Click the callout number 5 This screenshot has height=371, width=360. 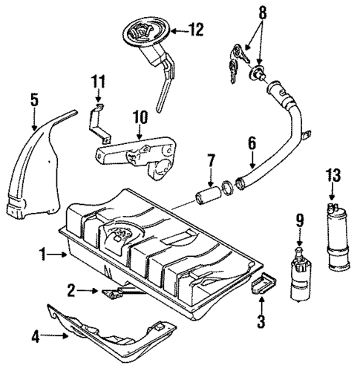(33, 98)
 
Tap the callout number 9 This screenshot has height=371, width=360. (299, 220)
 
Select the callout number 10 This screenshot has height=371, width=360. (140, 116)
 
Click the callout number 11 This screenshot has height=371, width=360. (100, 81)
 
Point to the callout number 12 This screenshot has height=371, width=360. (195, 30)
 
